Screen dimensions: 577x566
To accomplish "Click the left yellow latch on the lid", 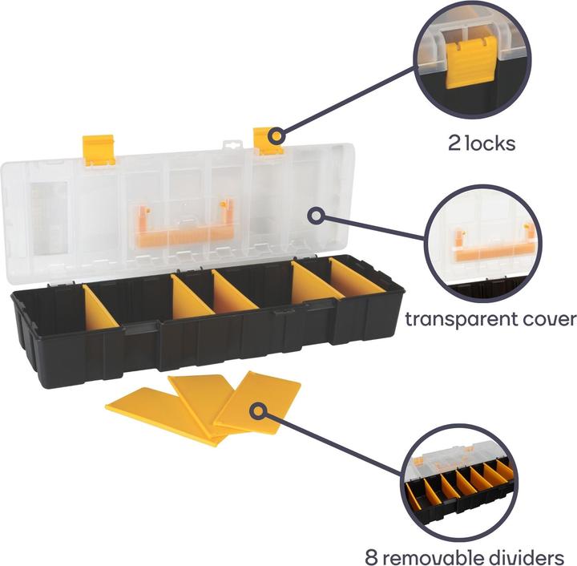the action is click(99, 151).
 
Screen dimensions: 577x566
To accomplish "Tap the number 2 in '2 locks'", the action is click(454, 144).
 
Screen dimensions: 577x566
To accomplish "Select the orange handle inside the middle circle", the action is click(495, 245).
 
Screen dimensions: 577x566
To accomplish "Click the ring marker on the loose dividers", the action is click(259, 410).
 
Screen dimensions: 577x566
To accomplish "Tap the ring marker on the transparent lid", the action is click(316, 216).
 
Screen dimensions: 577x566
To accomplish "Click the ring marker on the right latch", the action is click(276, 135).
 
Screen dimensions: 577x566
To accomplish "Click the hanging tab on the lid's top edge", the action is click(233, 145).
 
